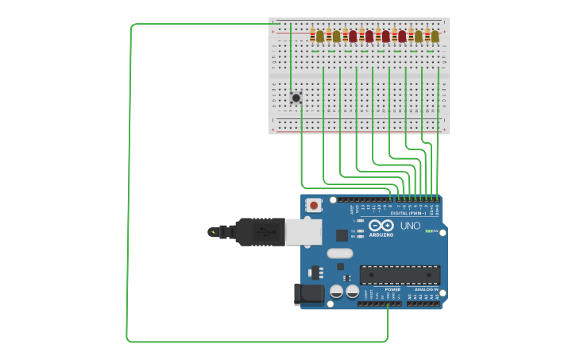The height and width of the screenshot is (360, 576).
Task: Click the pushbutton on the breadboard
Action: [296, 98]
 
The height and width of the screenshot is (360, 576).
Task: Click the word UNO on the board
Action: [410, 226]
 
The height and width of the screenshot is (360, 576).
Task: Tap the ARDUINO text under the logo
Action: [381, 234]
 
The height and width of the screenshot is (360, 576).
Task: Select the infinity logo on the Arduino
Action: [381, 225]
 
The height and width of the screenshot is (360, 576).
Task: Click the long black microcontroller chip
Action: [400, 275]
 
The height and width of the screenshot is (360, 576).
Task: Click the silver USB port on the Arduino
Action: [303, 231]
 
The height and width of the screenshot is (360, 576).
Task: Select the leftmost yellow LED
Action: [320, 36]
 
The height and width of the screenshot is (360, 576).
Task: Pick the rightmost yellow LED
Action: [435, 36]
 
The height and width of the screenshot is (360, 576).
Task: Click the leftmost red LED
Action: [353, 36]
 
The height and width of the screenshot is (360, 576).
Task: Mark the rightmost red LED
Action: [402, 36]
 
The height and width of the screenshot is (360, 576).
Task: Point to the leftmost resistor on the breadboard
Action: [312, 36]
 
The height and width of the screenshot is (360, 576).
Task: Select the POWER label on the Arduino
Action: [392, 289]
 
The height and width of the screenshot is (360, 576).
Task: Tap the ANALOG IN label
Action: [426, 289]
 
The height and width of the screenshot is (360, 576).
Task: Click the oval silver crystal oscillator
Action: [339, 254]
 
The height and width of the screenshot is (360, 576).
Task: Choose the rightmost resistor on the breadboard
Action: [427, 36]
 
